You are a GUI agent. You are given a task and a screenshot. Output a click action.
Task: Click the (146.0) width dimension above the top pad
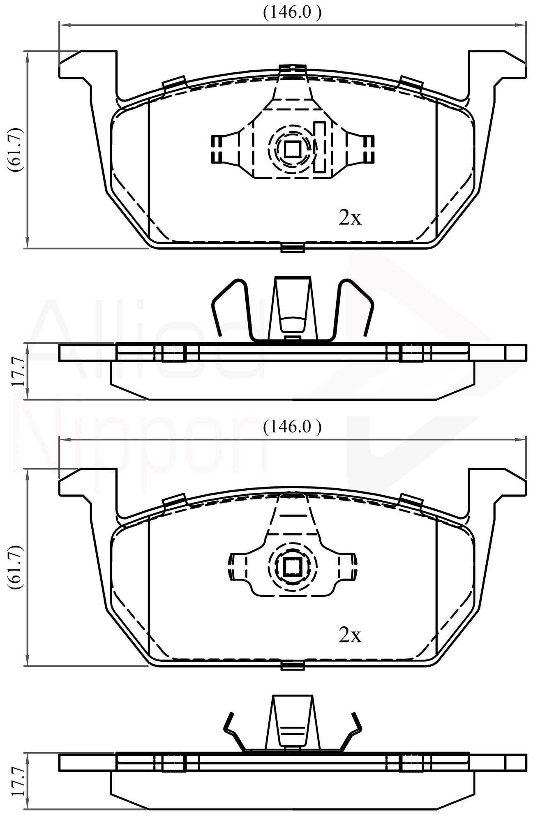coord(292,13)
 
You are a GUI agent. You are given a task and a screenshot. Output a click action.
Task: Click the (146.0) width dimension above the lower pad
coord(292,427)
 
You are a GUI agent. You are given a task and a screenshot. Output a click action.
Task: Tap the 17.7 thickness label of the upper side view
coord(18,371)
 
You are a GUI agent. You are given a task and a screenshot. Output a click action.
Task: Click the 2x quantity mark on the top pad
coord(350,218)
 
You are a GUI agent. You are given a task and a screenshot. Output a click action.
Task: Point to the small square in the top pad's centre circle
coord(292,149)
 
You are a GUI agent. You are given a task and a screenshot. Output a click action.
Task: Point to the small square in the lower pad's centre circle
coord(292,568)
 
